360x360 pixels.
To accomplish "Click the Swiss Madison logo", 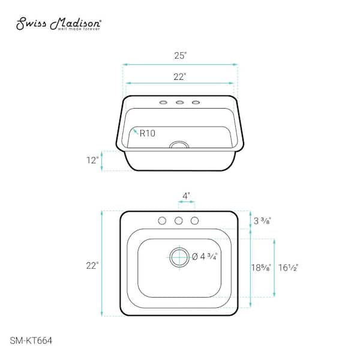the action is click(x=58, y=23).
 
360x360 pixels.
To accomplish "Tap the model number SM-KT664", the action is click(x=31, y=340).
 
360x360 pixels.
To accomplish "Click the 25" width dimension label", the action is click(x=180, y=56).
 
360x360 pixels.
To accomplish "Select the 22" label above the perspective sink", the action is click(x=179, y=77).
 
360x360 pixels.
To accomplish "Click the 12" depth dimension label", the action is click(x=92, y=160).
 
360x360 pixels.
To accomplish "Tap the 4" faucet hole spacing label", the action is click(x=186, y=196).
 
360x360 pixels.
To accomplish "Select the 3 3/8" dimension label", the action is click(x=262, y=221).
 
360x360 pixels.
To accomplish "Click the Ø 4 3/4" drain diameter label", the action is click(x=205, y=256).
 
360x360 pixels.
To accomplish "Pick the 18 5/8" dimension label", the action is click(x=261, y=268).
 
